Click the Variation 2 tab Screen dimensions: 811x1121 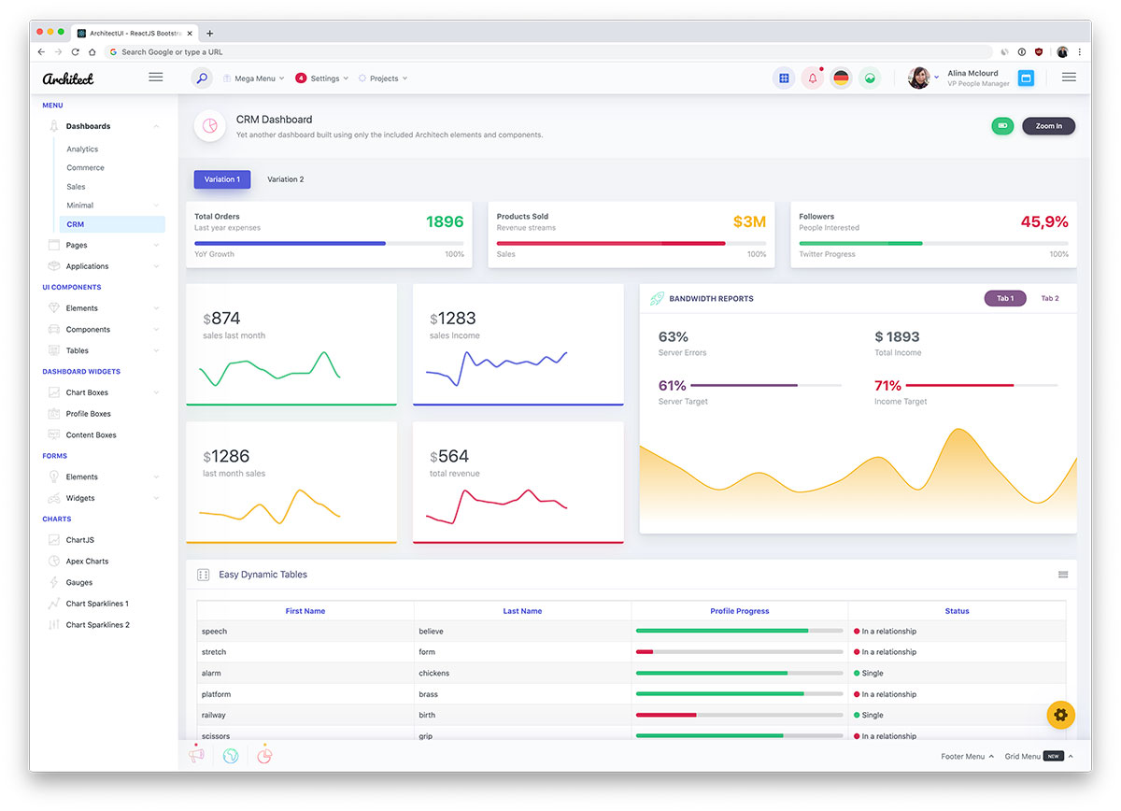coord(285,179)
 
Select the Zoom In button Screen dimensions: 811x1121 coord(1048,126)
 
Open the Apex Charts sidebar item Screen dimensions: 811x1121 coord(87,562)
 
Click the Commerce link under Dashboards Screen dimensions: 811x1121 coord(85,168)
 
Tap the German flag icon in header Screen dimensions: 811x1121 coord(841,78)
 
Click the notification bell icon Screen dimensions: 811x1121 coord(812,78)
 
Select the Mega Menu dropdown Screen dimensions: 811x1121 coord(254,78)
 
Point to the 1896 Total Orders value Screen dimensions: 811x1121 coord(445,221)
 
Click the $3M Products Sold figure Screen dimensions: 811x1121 coord(749,221)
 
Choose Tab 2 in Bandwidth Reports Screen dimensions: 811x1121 coord(1050,298)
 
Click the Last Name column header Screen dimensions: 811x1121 coord(522,611)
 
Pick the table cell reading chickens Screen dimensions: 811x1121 coord(433,674)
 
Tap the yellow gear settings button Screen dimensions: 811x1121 coord(1060,715)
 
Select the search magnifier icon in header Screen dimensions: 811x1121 coord(202,78)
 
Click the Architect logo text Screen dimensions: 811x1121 coord(68,78)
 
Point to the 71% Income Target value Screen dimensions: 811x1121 coord(887,386)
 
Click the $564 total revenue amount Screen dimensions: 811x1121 coord(450,457)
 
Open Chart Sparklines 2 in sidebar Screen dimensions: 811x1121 coord(97,625)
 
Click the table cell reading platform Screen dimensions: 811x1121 coord(216,695)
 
